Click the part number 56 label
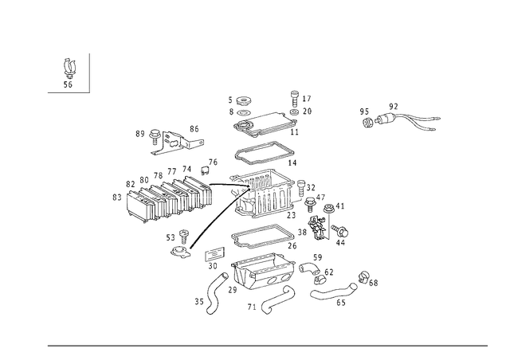68,85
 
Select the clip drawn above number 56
69,68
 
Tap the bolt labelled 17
295,100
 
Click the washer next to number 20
294,112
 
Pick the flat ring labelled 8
243,113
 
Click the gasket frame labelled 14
265,153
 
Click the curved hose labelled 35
215,294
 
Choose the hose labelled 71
278,299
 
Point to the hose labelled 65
334,291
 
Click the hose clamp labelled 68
363,276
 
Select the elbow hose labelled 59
309,268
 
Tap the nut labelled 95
367,123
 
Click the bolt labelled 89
154,136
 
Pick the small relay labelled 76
205,170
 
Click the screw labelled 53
184,237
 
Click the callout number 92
393,107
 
